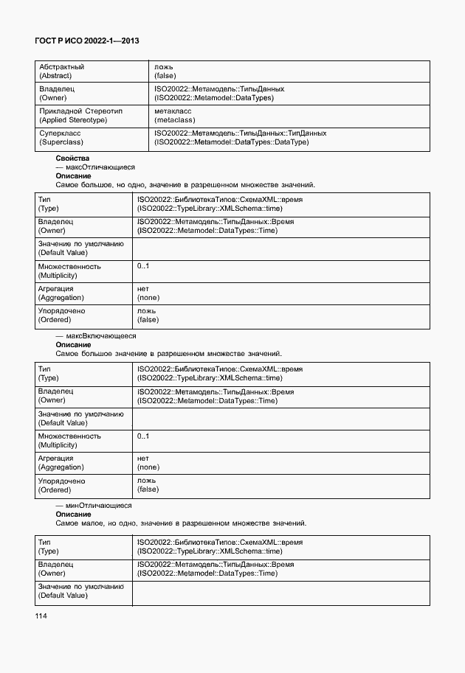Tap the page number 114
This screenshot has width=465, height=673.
click(x=40, y=616)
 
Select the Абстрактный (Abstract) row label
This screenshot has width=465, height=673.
click(x=61, y=71)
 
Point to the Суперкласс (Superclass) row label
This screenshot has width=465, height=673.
click(x=61, y=138)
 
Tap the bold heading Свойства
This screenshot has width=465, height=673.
click(x=72, y=158)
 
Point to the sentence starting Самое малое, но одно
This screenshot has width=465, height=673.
click(x=181, y=523)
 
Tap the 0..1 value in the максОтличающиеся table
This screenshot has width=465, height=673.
click(x=143, y=266)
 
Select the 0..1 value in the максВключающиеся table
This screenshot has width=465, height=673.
click(x=143, y=436)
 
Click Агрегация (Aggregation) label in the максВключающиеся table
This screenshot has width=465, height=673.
click(x=61, y=462)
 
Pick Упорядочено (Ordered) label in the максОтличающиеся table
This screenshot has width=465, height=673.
click(x=61, y=315)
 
